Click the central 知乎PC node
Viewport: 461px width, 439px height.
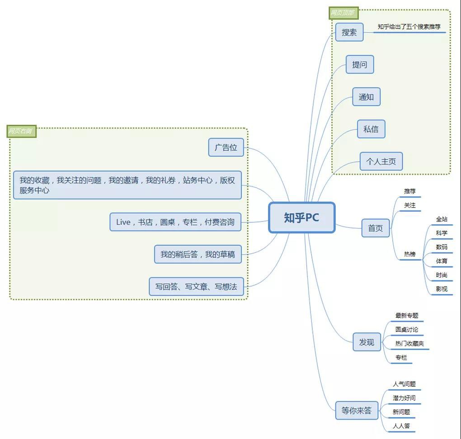pyautogui.click(x=302, y=217)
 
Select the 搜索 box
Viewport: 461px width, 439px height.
pyautogui.click(x=349, y=33)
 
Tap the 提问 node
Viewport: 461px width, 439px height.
pyautogui.click(x=360, y=65)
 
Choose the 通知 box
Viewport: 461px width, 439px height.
pyautogui.click(x=366, y=97)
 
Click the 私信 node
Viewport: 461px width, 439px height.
pyautogui.click(x=371, y=129)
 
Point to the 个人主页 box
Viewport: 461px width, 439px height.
pyautogui.click(x=381, y=161)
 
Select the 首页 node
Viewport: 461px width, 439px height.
pyautogui.click(x=375, y=228)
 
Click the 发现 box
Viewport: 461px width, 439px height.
pyautogui.click(x=367, y=342)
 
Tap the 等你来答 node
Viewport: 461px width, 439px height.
pyautogui.click(x=357, y=411)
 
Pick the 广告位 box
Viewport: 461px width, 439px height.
pyautogui.click(x=226, y=147)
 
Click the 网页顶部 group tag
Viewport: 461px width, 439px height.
pyautogui.click(x=343, y=13)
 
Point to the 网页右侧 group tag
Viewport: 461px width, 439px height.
pyautogui.click(x=21, y=132)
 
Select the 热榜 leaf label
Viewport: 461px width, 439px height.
pyautogui.click(x=410, y=255)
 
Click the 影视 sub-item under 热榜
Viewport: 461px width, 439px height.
pyautogui.click(x=442, y=288)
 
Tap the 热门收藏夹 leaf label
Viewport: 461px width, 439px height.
pyautogui.click(x=409, y=344)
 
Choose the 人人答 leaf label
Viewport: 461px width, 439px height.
pyautogui.click(x=401, y=425)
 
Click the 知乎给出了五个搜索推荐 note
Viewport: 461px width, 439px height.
pyautogui.click(x=409, y=27)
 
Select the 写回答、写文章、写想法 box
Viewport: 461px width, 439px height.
pyautogui.click(x=196, y=287)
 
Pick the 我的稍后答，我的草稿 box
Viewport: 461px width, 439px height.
pyautogui.click(x=198, y=254)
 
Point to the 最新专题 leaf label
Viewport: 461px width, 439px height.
pyautogui.click(x=407, y=316)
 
